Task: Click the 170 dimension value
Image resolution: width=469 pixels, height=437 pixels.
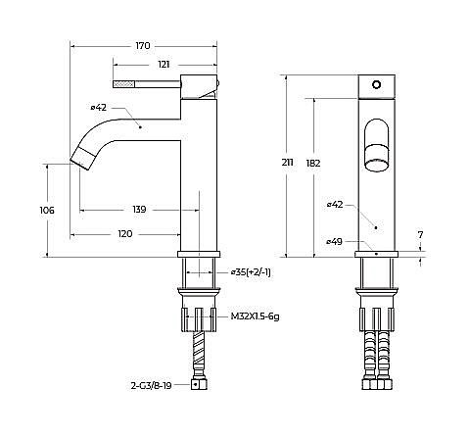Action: coord(143,46)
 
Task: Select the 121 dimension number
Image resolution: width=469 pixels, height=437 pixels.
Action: coord(164,65)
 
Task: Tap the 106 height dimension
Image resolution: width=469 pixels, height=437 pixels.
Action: coord(47,211)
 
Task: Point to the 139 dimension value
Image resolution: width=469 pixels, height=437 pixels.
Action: coord(139,210)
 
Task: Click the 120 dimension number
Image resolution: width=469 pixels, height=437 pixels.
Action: coord(125,234)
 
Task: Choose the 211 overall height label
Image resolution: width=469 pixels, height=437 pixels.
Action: coord(287,163)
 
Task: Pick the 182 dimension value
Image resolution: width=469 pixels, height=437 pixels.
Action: coord(313,163)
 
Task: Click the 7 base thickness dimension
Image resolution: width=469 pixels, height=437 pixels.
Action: coord(420,234)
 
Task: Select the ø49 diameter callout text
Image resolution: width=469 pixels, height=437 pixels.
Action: coord(335,242)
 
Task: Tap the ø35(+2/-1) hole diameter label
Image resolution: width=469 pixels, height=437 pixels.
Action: coord(251,272)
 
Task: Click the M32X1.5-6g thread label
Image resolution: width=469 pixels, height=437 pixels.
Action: coord(255,316)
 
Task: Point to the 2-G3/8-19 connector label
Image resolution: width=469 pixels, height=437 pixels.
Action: coord(151,386)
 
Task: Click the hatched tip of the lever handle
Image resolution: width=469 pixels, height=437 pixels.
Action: coord(123,84)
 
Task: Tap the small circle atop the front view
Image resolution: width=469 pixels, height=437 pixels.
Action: coord(376,85)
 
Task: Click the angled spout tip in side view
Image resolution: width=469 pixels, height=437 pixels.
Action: coord(83,158)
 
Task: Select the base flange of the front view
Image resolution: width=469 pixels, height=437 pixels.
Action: coord(376,254)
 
